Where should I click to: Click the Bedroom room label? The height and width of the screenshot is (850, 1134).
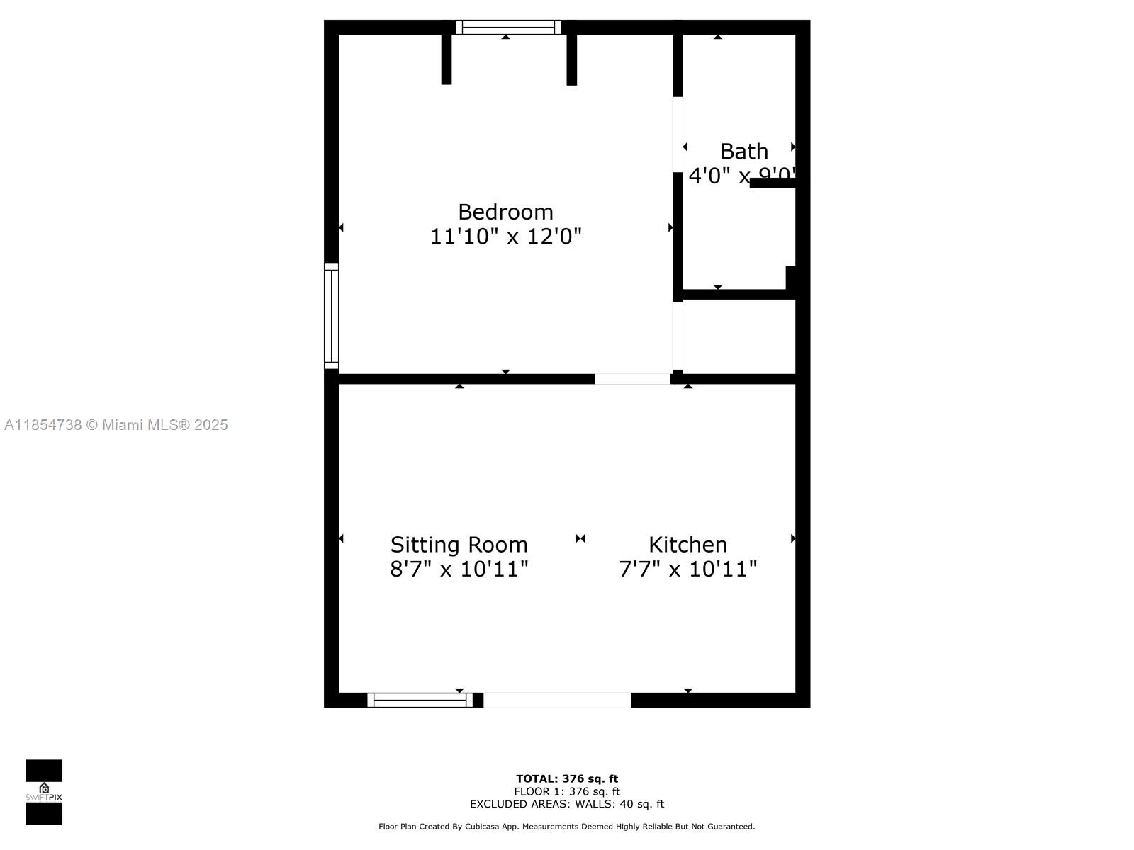(505, 212)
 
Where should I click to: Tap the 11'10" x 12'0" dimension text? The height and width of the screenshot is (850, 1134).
(505, 237)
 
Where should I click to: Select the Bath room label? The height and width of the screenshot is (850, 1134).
(743, 151)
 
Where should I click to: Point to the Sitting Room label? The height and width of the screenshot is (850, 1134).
(459, 545)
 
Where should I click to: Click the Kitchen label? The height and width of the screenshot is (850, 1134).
(687, 545)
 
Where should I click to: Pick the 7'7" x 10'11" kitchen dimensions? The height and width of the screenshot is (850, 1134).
(687, 569)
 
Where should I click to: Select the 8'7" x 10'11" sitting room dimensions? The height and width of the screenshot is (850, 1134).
(459, 569)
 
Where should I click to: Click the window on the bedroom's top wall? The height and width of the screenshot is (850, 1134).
(508, 28)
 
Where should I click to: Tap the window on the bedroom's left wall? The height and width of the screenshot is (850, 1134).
(331, 316)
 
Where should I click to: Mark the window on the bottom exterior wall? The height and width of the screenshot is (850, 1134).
(420, 700)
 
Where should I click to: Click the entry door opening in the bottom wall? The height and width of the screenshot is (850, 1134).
(557, 700)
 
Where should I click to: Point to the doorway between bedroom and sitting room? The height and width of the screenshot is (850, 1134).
(632, 379)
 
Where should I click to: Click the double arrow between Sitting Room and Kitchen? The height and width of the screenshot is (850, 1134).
(580, 538)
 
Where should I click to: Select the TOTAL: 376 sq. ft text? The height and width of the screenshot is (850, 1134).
(566, 778)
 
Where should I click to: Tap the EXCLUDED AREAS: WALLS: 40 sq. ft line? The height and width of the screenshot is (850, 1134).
(566, 804)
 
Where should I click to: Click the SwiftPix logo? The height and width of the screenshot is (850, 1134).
(44, 792)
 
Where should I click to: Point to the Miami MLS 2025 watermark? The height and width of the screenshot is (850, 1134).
(116, 425)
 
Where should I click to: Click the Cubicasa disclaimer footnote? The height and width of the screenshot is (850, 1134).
(566, 827)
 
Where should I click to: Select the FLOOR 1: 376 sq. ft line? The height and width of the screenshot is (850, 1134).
(566, 791)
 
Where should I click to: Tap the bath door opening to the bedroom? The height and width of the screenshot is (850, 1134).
(678, 135)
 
